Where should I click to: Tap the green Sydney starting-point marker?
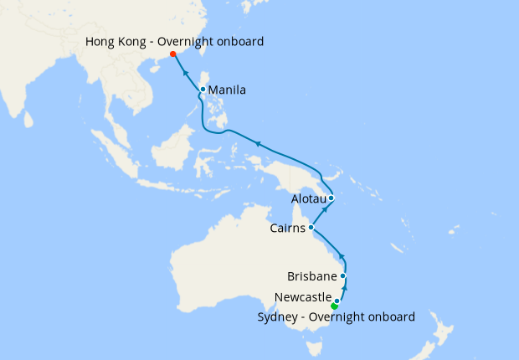334,306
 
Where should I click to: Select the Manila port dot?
203,90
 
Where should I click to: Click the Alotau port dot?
331,198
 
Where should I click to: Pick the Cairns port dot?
311,227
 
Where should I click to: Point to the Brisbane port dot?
343,275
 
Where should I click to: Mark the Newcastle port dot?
337,300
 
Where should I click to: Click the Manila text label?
228,90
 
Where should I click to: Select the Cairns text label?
288,227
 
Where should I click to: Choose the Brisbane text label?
311,275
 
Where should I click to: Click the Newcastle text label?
303,297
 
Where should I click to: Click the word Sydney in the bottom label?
277,316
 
